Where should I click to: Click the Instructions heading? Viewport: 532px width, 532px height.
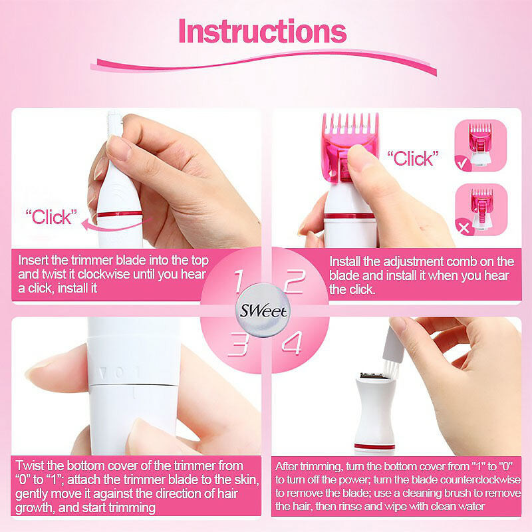point(262,31)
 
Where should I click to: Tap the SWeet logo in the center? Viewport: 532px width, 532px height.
point(263,311)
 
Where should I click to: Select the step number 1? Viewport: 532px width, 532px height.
point(239,281)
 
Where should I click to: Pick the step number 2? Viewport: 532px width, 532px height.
point(295,281)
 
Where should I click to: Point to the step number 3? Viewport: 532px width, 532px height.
point(239,344)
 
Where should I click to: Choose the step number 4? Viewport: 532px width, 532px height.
point(292,343)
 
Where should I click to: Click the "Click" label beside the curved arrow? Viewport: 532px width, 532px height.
point(52,217)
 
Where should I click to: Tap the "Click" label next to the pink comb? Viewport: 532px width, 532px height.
point(413,158)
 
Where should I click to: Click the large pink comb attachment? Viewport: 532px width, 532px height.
point(350,146)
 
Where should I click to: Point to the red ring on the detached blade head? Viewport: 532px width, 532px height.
point(374,446)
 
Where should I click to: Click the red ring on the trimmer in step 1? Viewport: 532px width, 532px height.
point(120,214)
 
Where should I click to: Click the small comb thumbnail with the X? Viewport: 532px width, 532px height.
point(481,209)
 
